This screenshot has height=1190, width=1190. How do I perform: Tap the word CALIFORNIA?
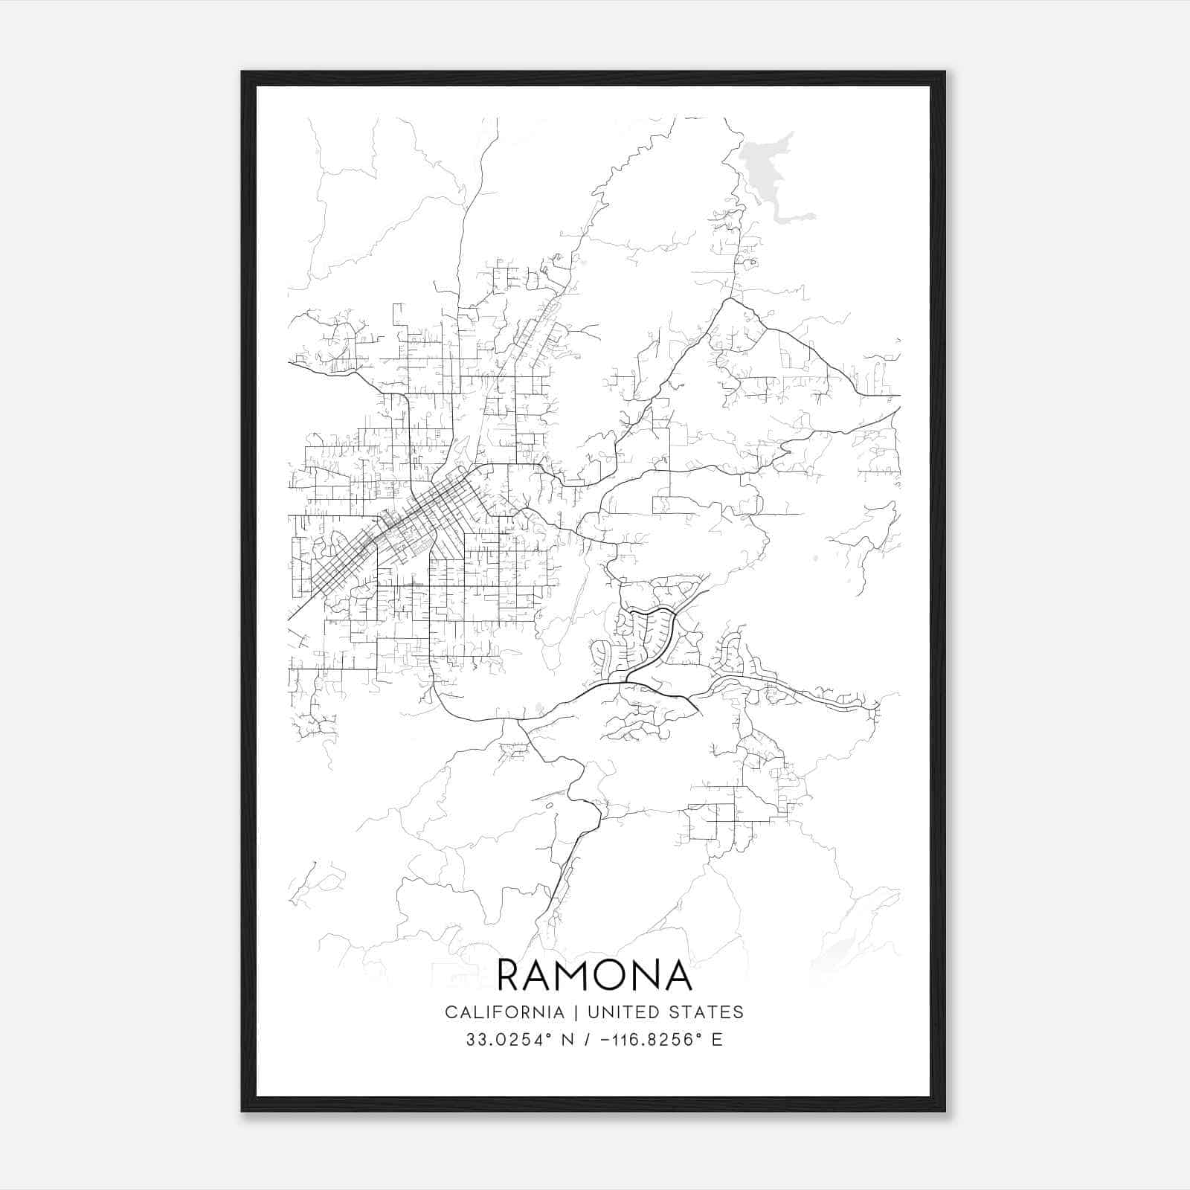click(504, 1012)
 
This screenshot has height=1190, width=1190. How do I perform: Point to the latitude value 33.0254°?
click(509, 1040)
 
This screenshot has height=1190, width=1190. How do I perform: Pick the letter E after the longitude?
click(717, 1040)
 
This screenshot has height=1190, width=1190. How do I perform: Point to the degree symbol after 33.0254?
click(550, 1035)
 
